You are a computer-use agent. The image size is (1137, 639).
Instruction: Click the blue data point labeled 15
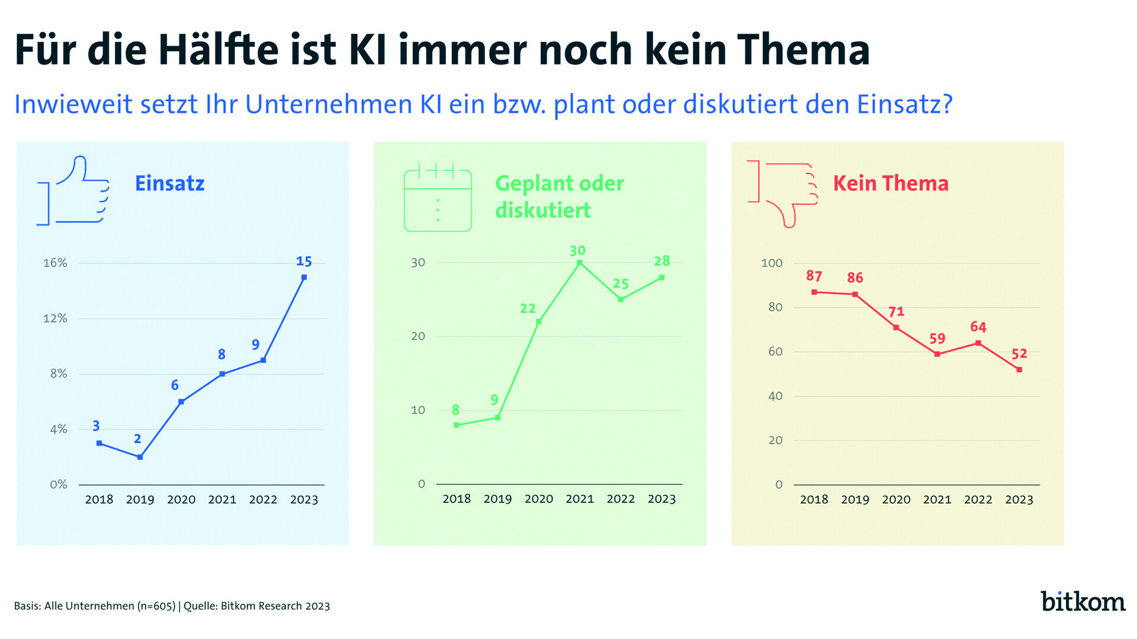pyautogui.click(x=304, y=277)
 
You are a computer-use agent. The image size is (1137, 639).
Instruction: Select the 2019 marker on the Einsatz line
pyautogui.click(x=140, y=457)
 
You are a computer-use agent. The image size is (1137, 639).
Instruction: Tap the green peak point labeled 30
pyautogui.click(x=580, y=262)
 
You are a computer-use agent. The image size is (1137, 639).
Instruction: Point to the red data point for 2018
pyautogui.click(x=814, y=292)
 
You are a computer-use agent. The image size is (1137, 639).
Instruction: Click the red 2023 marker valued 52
pyautogui.click(x=1019, y=370)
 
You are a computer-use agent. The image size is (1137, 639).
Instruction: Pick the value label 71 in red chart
pyautogui.click(x=896, y=312)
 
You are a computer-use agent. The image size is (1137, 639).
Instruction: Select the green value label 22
pyautogui.click(x=528, y=308)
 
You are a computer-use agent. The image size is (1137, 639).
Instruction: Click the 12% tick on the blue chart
pyautogui.click(x=55, y=318)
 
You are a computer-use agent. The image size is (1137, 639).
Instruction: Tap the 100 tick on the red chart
pyautogui.click(x=772, y=263)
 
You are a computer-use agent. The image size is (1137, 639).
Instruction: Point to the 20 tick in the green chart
pyautogui.click(x=418, y=336)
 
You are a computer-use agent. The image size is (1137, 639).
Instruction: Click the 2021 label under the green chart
pyautogui.click(x=580, y=499)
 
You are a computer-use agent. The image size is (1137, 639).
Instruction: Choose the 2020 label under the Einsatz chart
pyautogui.click(x=181, y=499)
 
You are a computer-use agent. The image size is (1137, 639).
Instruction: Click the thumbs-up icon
pyautogui.click(x=74, y=191)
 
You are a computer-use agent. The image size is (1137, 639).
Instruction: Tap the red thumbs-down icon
pyautogui.click(x=783, y=192)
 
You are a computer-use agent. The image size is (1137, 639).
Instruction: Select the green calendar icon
pyautogui.click(x=438, y=197)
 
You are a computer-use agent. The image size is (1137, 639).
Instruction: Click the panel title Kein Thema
pyautogui.click(x=891, y=183)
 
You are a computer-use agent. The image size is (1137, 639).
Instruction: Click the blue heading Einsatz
pyautogui.click(x=170, y=183)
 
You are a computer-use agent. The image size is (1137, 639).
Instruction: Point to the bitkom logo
pyautogui.click(x=1083, y=601)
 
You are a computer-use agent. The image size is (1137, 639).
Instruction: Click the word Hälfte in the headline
pyautogui.click(x=218, y=50)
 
